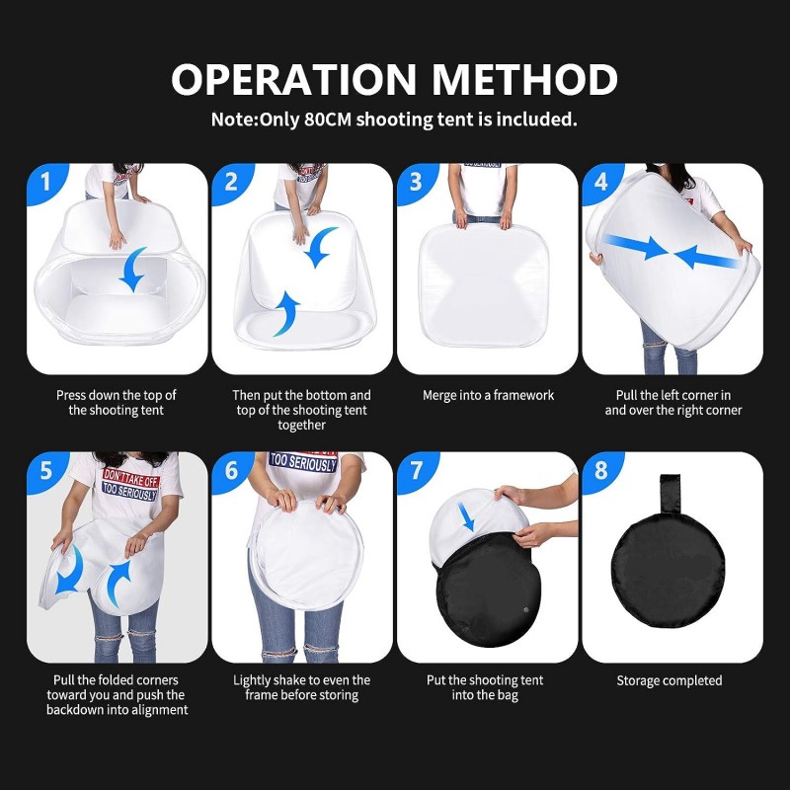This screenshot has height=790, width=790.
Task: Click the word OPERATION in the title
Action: (293, 79)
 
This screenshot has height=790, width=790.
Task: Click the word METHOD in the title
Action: (524, 79)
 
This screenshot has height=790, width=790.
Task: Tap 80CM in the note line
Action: (328, 119)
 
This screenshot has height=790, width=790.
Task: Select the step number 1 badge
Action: (46, 183)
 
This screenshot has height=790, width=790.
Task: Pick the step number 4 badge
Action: (601, 183)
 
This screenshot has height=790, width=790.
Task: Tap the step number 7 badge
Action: (417, 472)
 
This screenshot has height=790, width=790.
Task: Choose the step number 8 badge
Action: (601, 472)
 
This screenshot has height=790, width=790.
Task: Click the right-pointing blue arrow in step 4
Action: (636, 247)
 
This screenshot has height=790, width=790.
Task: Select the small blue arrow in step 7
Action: (467, 516)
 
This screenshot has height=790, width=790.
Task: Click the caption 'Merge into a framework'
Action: (488, 396)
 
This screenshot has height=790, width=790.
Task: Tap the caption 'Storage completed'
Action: (670, 680)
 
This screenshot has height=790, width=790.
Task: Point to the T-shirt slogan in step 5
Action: (130, 485)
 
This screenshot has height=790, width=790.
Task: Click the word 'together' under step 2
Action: (301, 425)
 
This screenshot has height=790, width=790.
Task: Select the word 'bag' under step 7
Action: (507, 696)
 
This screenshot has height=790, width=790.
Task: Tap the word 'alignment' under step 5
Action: (162, 710)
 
